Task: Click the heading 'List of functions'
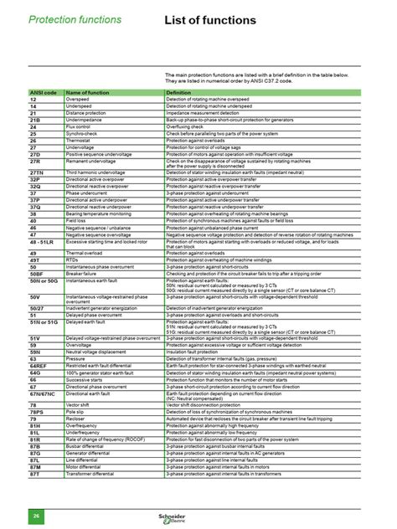[x=208, y=19]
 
